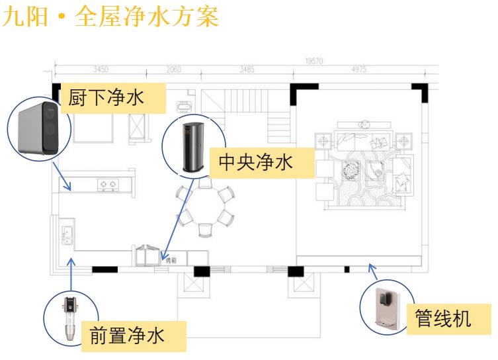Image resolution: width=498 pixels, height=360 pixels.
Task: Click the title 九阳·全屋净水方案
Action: coord(110,17)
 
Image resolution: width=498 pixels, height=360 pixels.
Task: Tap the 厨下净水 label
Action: coord(106,99)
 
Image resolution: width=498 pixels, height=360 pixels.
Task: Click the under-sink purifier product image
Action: coord(38,127)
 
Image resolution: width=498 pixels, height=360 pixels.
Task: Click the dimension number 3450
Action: coord(101,69)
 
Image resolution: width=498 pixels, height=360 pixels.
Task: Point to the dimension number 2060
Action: coord(173,69)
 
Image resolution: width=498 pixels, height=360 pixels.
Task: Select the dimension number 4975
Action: coord(359,69)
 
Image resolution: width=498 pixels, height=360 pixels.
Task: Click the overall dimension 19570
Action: coord(313,62)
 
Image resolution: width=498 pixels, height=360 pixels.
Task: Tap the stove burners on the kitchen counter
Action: coord(108,182)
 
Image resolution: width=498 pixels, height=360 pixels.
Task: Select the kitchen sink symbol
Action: coord(67,234)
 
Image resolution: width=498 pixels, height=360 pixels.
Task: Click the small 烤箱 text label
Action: coord(171,261)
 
